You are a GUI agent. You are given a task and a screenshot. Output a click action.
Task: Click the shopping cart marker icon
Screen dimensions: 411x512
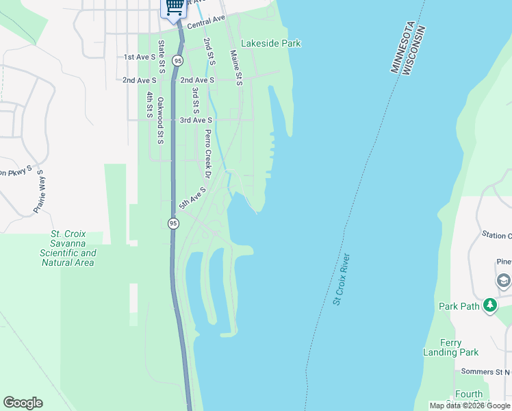[175, 7]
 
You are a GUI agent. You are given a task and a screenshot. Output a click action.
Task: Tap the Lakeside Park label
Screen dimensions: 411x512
[271, 43]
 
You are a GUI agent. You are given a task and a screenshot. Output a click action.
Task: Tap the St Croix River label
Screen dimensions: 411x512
[342, 279]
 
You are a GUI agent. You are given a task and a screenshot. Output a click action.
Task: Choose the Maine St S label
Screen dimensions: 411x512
[236, 67]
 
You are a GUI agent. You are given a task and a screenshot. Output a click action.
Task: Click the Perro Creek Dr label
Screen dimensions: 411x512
[208, 151]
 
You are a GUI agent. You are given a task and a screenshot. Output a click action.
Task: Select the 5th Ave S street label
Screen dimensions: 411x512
[192, 197]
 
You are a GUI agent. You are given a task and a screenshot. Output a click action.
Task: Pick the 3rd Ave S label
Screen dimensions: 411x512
[196, 120]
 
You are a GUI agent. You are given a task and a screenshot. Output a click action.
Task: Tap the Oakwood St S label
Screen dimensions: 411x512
[161, 120]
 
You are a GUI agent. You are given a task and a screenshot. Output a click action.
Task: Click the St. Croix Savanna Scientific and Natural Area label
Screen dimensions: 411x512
[68, 248]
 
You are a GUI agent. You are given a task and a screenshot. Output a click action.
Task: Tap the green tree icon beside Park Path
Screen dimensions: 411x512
[489, 306]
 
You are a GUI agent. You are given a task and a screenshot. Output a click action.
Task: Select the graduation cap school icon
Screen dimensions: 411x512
[503, 282]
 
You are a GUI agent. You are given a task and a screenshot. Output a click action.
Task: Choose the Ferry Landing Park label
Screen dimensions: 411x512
[459, 347]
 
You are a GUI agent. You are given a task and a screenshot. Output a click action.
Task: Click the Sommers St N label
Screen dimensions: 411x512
[486, 371]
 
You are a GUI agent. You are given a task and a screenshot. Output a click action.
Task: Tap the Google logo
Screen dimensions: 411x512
[23, 403]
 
